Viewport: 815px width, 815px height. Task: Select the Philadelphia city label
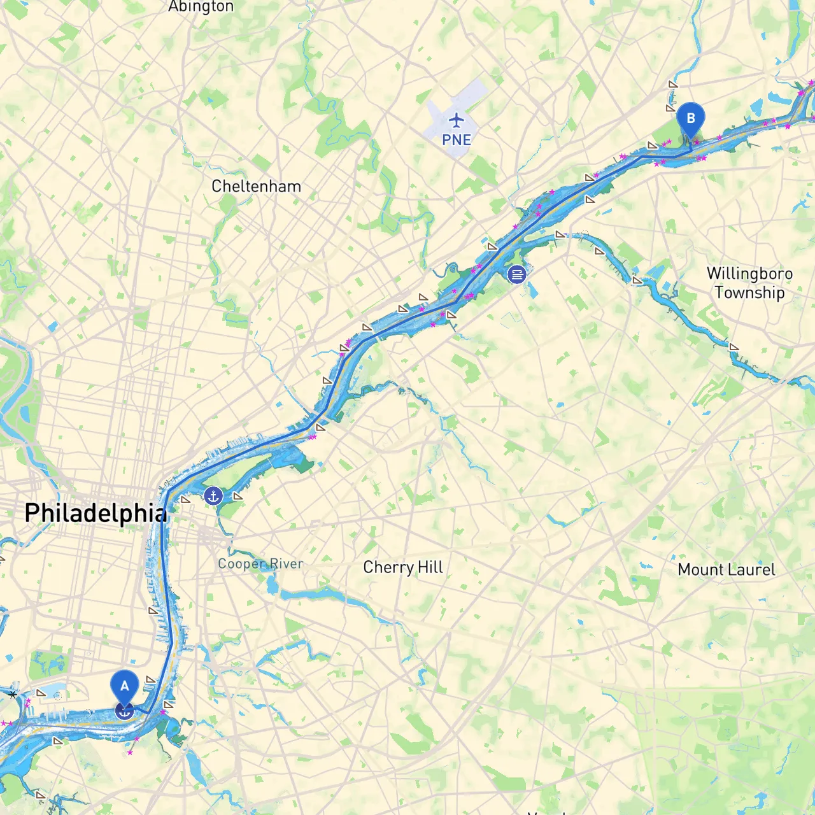pos(96,513)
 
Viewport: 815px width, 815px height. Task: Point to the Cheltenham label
pos(256,187)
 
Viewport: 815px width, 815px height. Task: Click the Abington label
pos(201,7)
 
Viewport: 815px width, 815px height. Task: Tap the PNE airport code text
pos(457,140)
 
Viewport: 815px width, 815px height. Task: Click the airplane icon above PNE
pos(457,120)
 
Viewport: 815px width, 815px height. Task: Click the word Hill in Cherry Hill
pos(430,567)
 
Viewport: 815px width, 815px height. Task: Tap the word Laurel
pos(754,570)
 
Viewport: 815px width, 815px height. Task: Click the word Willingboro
pos(749,274)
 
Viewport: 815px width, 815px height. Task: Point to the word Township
pos(749,293)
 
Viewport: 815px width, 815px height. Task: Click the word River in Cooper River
pos(287,564)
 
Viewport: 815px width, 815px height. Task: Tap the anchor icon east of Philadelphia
pos(213,495)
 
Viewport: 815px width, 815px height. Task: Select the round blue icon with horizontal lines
pos(516,274)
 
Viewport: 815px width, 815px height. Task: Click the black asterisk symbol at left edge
pos(13,695)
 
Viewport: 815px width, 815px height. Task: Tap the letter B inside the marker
pos(690,118)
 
